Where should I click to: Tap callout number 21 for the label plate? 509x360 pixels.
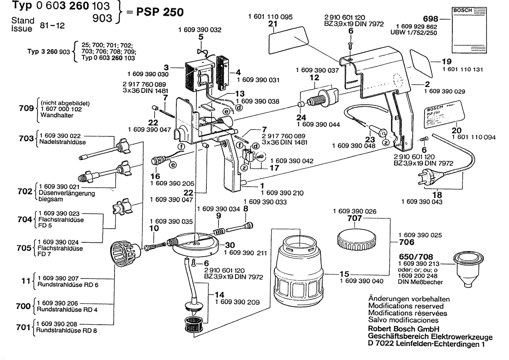[x=273, y=24]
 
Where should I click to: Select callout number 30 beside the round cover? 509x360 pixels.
[x=230, y=245]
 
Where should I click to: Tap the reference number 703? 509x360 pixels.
[x=27, y=138]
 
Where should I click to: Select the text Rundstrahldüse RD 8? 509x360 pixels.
[x=67, y=331]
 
